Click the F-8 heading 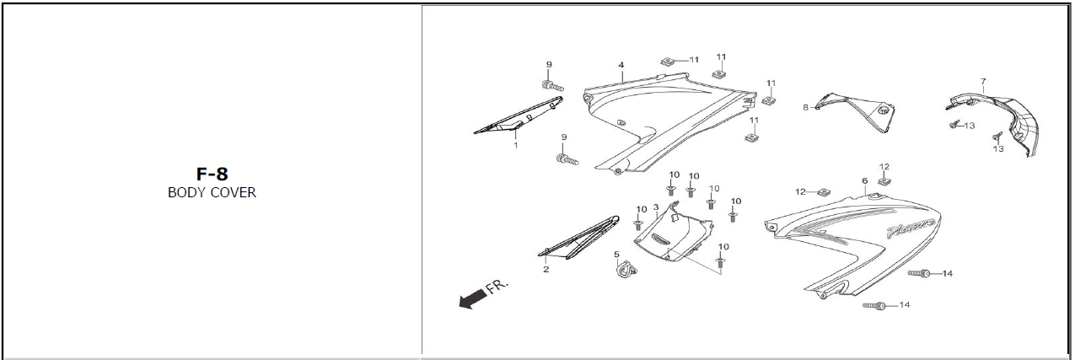click(x=212, y=174)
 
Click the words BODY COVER click(x=212, y=192)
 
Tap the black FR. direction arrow click(x=473, y=298)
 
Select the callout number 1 click(x=516, y=145)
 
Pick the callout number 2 click(x=546, y=269)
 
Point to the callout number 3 click(x=656, y=208)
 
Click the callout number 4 click(x=621, y=65)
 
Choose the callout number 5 click(x=616, y=255)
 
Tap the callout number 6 click(x=865, y=181)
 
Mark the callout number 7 click(x=983, y=82)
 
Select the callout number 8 click(x=806, y=108)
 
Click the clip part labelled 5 click(x=626, y=271)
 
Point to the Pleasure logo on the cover click(x=911, y=228)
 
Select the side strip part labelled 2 click(x=578, y=238)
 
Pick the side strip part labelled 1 click(x=519, y=116)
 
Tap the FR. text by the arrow click(x=497, y=286)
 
